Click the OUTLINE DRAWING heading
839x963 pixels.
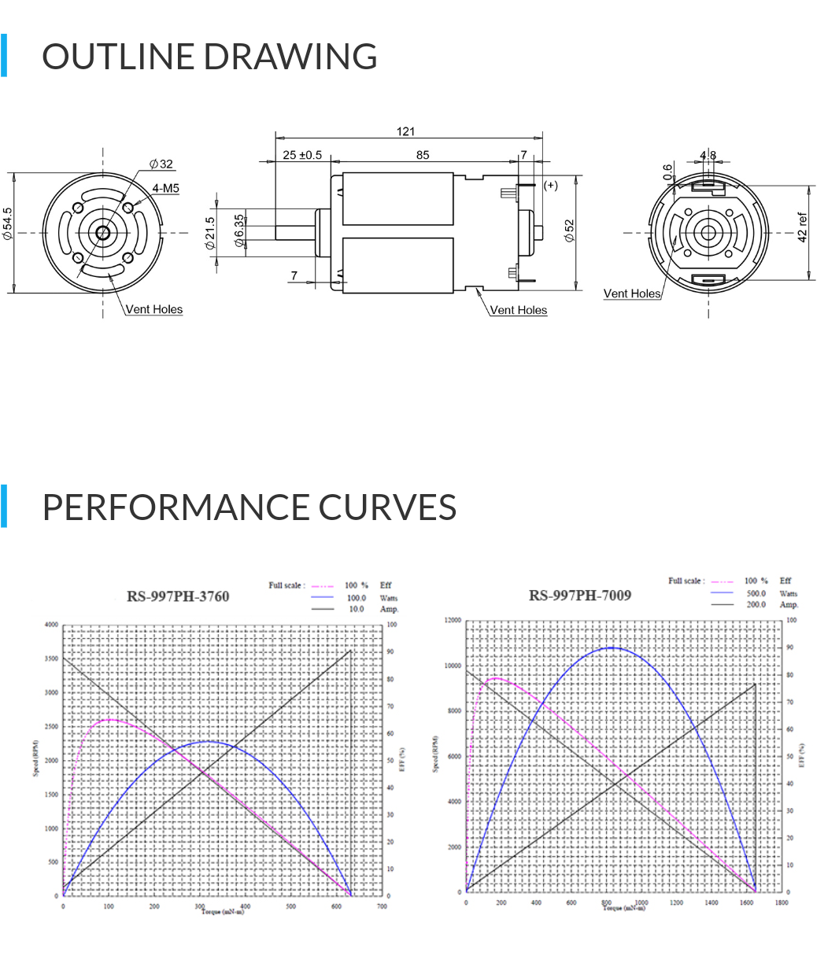[209, 57]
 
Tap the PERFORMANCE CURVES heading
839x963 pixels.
[249, 507]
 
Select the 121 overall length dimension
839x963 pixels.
[405, 131]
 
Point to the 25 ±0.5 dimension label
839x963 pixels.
[302, 155]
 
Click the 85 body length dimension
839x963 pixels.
[423, 155]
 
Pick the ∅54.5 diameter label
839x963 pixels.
[8, 225]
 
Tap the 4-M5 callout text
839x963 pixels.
[165, 188]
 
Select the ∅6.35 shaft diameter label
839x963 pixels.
[238, 232]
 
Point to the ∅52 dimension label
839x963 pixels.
[570, 231]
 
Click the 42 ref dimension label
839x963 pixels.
[803, 227]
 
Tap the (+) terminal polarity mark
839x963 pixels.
[551, 185]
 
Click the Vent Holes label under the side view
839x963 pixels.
[518, 310]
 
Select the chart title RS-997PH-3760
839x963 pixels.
[178, 596]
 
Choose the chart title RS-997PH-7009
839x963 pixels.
[580, 596]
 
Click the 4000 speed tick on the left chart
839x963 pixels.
[51, 625]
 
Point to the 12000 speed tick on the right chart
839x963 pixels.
[452, 620]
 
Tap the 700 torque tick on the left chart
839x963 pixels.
[382, 906]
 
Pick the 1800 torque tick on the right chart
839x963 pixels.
[781, 902]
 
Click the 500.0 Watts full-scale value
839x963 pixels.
[756, 593]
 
